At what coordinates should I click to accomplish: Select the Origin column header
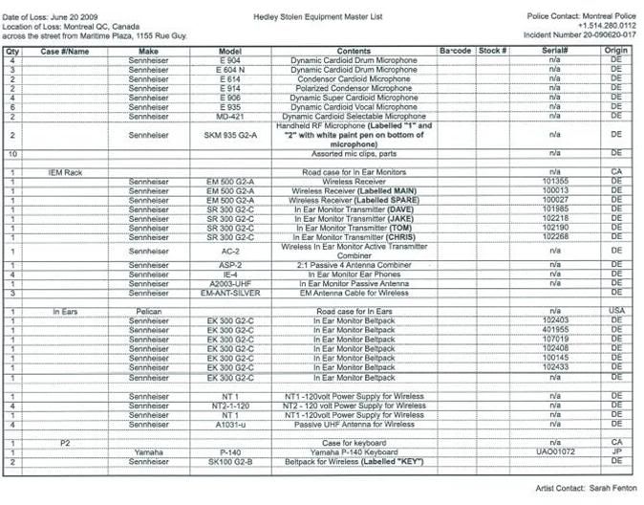[616, 50]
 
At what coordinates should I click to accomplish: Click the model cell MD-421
[230, 117]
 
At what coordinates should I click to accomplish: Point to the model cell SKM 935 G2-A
[230, 135]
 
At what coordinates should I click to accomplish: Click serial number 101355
[554, 180]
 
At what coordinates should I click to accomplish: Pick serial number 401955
[554, 330]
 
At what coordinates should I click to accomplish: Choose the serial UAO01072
[554, 452]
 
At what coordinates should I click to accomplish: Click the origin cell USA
[616, 312]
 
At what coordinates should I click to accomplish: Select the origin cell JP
[616, 452]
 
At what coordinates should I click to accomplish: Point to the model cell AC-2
[230, 251]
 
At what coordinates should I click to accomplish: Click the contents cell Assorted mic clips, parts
[354, 153]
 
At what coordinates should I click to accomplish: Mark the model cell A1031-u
[230, 424]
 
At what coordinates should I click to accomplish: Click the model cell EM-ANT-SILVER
[230, 293]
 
